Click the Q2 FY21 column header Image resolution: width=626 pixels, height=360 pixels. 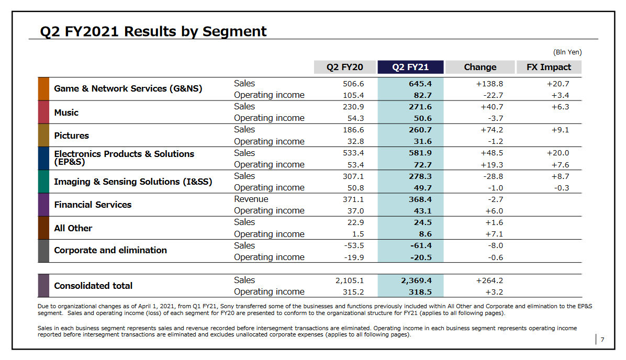point(410,67)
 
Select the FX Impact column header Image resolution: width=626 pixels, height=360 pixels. point(549,67)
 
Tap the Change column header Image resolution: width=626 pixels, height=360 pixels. point(480,67)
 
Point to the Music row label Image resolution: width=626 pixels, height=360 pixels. point(66,113)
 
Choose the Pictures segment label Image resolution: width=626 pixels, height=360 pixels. point(71,136)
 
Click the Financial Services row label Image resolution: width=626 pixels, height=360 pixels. point(93,205)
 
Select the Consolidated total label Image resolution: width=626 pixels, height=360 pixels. point(93,286)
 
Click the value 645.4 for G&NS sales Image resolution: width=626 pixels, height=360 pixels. point(420,84)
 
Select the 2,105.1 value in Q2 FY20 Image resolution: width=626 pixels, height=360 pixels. point(349,280)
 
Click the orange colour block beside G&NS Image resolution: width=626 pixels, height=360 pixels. point(43,89)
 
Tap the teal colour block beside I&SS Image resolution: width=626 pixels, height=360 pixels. point(43,182)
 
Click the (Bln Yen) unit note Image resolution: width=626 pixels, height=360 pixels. point(567,52)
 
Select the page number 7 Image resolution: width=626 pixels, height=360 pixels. point(602,340)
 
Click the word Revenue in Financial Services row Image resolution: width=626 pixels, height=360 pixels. point(251,199)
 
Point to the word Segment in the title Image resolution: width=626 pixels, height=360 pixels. point(234,31)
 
